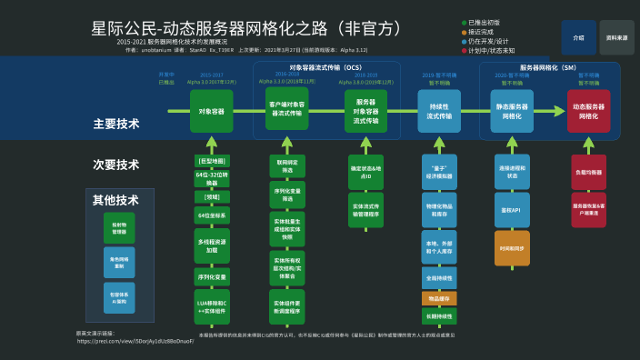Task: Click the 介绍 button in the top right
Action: pyautogui.click(x=578, y=37)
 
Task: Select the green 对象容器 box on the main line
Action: pyautogui.click(x=212, y=111)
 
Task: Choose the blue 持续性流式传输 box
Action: pyautogui.click(x=439, y=111)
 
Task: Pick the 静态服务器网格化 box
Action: pyautogui.click(x=511, y=111)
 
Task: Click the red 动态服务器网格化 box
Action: pyautogui.click(x=588, y=111)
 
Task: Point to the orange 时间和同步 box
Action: pyautogui.click(x=511, y=247)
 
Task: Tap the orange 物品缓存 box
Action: pyautogui.click(x=439, y=297)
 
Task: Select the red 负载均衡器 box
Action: pyautogui.click(x=588, y=172)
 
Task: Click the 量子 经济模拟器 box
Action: pyautogui.click(x=439, y=172)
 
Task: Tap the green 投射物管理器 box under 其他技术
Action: pyautogui.click(x=119, y=227)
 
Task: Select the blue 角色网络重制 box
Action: pyautogui.click(x=119, y=262)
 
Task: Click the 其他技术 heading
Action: pyautogui.click(x=115, y=200)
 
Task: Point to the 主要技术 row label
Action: pyautogui.click(x=115, y=124)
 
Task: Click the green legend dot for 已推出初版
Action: pyautogui.click(x=464, y=21)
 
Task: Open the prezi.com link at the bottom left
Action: pyautogui.click(x=136, y=341)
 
